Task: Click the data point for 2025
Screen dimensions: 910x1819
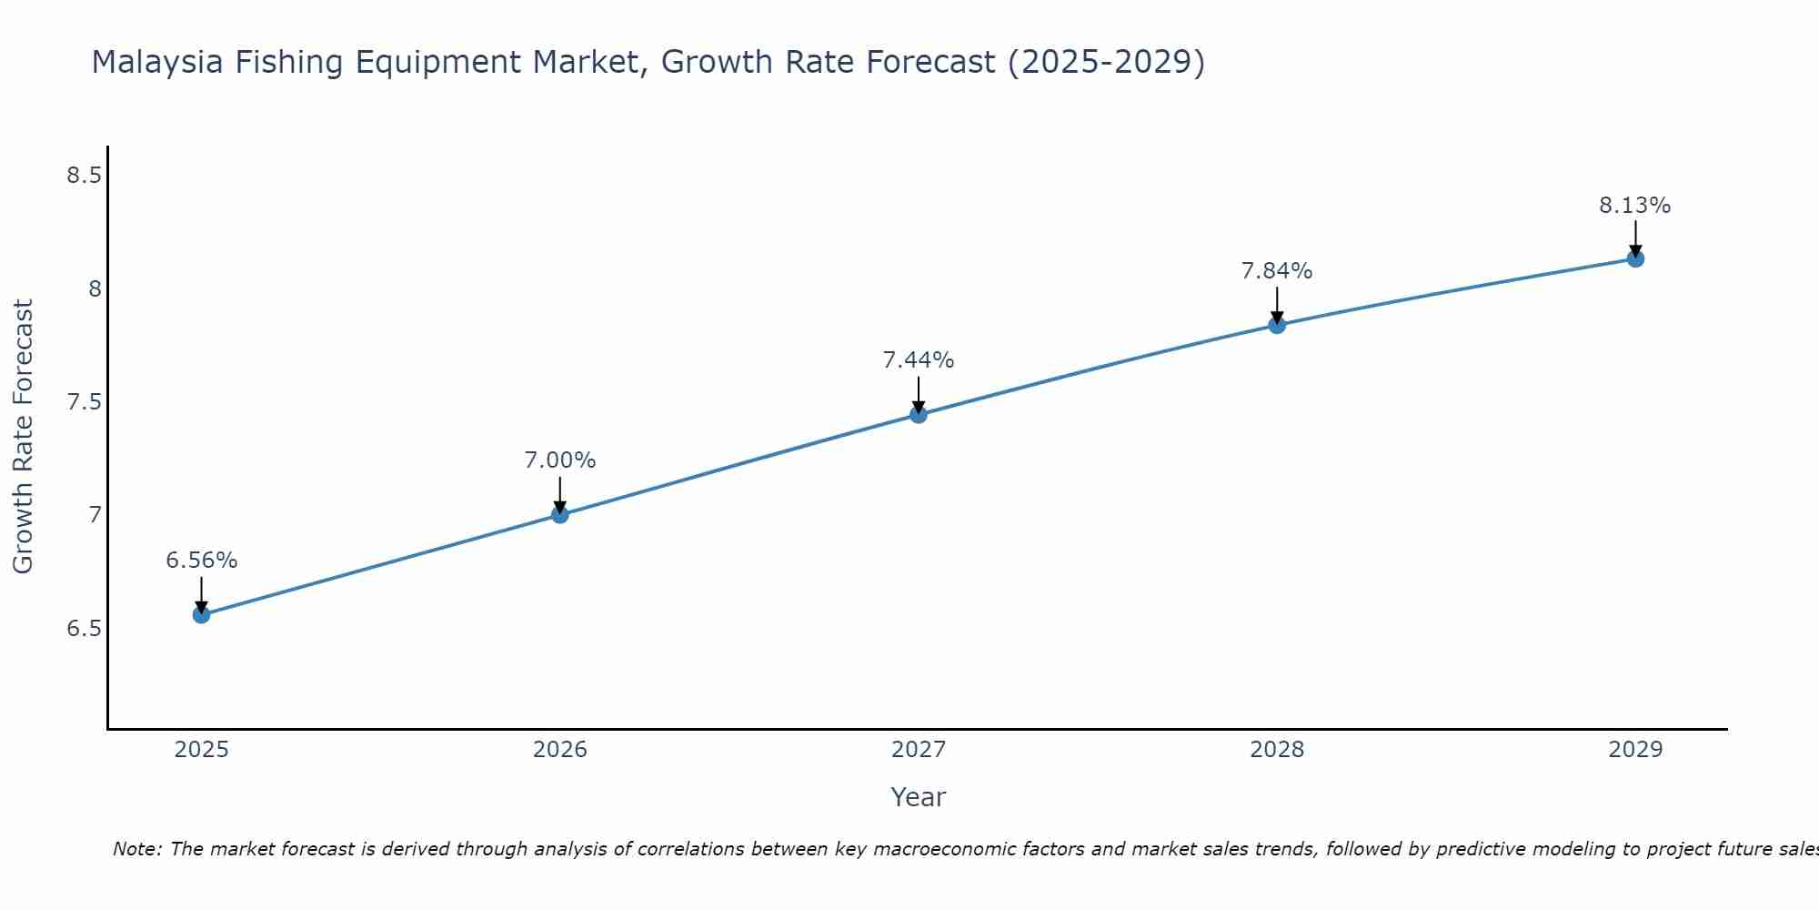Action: [201, 615]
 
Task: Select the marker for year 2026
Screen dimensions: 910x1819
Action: [560, 515]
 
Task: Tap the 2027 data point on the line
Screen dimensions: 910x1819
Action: [919, 415]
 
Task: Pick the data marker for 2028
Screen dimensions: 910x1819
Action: [1277, 325]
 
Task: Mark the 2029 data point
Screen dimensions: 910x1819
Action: [1635, 259]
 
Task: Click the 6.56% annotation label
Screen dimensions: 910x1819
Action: [201, 561]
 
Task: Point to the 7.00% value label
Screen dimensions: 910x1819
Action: [560, 460]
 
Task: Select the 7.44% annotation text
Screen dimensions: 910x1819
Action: [919, 360]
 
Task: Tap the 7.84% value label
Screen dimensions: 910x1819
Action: [1277, 271]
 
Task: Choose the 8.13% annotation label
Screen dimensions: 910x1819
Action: [1635, 206]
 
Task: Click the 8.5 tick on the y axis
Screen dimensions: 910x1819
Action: [84, 176]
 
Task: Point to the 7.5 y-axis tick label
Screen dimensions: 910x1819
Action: [84, 402]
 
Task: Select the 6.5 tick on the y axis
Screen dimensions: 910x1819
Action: [84, 629]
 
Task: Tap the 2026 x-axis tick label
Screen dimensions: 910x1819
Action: [560, 750]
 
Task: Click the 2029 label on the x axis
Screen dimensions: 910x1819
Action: [1635, 750]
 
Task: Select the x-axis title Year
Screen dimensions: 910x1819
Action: [919, 797]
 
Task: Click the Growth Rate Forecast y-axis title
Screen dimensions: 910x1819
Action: [23, 437]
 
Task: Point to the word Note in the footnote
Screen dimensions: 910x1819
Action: [136, 849]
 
